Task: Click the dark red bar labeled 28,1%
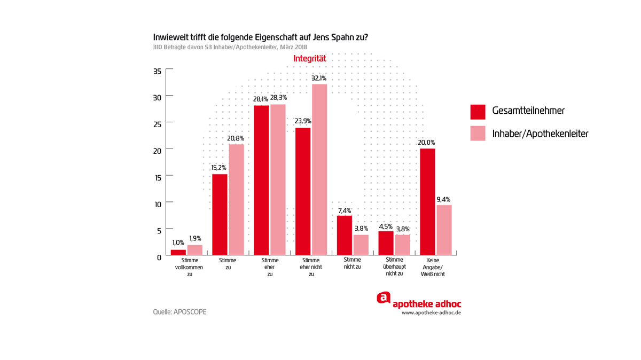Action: [261, 180]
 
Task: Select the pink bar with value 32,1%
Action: [319, 169]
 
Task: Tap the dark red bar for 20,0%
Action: [427, 201]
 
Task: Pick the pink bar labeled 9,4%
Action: [444, 230]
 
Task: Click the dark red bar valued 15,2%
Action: [220, 214]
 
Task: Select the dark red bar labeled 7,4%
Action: [345, 235]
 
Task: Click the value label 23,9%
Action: [303, 121]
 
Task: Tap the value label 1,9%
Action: [195, 238]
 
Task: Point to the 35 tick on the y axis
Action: [157, 71]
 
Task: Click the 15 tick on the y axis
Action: [157, 177]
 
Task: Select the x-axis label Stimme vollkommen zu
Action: [189, 267]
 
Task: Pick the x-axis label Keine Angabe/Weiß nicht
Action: [436, 267]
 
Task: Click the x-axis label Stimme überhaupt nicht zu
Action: [394, 267]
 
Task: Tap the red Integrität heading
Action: [309, 58]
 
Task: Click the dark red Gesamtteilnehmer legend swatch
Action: [478, 112]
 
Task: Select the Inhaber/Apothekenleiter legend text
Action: [540, 134]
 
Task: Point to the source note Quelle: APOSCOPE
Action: [179, 312]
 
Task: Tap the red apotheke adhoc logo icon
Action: [383, 298]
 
